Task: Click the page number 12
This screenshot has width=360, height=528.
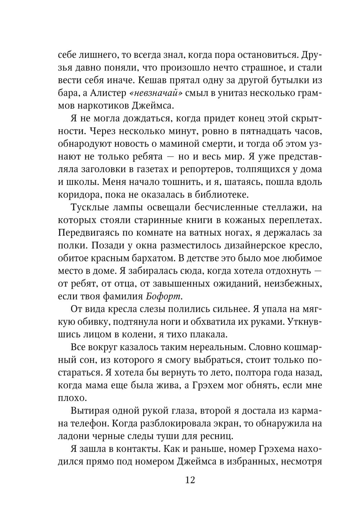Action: point(190,480)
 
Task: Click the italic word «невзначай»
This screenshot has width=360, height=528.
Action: point(156,93)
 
